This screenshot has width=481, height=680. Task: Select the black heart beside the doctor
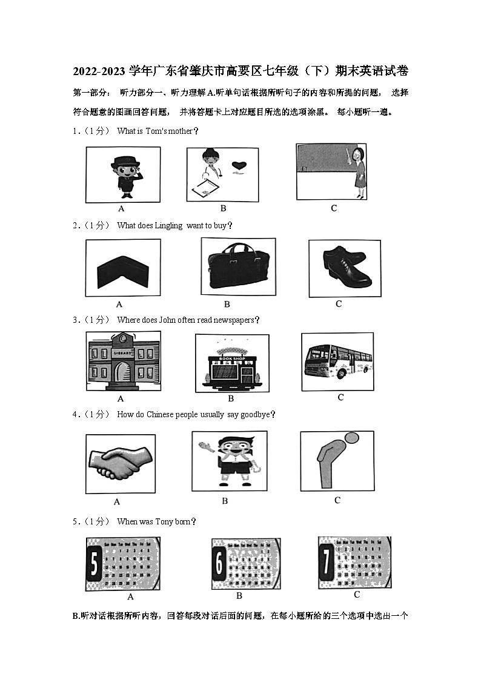241,165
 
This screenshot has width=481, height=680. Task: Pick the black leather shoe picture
345,268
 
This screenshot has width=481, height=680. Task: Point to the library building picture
123,361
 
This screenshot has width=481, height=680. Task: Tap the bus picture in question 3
337,361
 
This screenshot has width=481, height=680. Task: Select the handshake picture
120,463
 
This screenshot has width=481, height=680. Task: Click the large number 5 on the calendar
94,564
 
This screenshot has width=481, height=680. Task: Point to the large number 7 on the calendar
327,563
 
